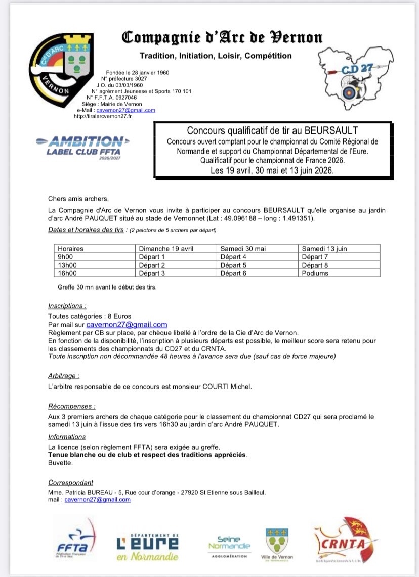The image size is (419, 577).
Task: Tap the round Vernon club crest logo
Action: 62,69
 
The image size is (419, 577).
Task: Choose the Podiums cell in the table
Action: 315,273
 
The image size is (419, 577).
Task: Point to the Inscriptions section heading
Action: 67,306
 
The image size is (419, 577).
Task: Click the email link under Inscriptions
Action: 127,325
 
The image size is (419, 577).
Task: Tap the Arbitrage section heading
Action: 64,376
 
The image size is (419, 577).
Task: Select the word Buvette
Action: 58,463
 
